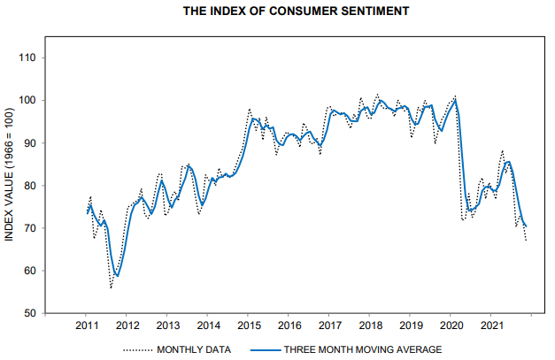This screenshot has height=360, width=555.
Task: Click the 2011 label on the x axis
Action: pyautogui.click(x=87, y=327)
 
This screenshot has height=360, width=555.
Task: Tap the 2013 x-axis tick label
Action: pyautogui.click(x=167, y=327)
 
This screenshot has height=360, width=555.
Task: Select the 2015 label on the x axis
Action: pyautogui.click(x=248, y=327)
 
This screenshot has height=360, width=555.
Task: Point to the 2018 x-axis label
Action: pyautogui.click(x=369, y=327)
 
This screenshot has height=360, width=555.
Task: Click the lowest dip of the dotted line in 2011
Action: pyautogui.click(x=112, y=287)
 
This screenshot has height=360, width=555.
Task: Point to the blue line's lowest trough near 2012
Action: pyautogui.click(x=117, y=276)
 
